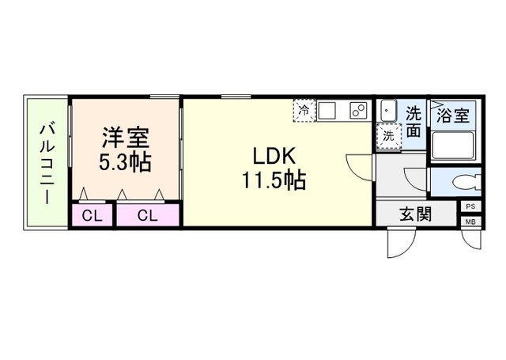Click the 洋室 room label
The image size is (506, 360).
[126, 138]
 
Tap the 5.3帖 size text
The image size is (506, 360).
[125, 162]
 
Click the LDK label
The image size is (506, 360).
[274, 156]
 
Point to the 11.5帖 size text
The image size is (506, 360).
[274, 180]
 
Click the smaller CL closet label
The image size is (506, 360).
[92, 216]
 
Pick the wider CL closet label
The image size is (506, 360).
[148, 215]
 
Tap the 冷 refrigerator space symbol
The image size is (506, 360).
[304, 111]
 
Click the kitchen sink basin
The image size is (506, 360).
[327, 111]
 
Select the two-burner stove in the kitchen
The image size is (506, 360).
[358, 111]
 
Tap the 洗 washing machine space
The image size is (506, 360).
[388, 136]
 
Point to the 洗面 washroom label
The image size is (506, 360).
[413, 121]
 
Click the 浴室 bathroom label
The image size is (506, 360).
[453, 115]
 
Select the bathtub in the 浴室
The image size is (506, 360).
[453, 146]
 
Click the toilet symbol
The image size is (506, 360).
[467, 183]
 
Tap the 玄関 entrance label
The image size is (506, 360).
[415, 214]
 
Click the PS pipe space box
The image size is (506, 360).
[471, 207]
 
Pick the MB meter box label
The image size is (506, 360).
[471, 222]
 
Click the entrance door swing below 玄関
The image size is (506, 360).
[401, 243]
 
